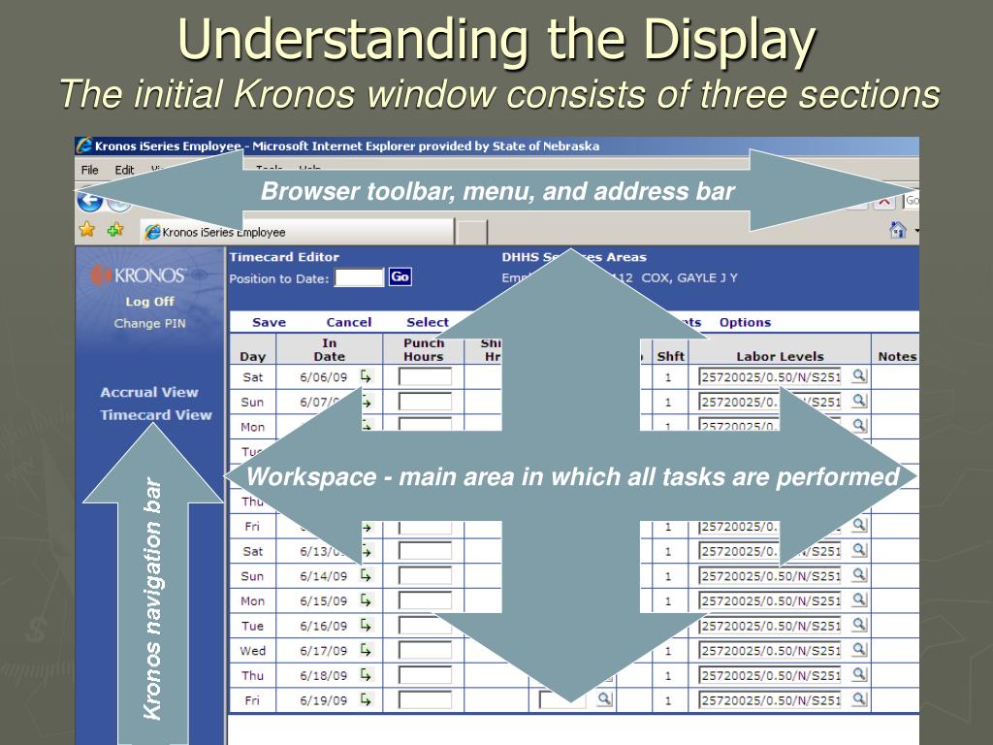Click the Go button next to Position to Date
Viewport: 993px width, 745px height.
tap(400, 277)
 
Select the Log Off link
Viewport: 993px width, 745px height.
tap(150, 301)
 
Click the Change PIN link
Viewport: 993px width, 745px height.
tap(150, 323)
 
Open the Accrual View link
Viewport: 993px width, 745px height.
tap(149, 392)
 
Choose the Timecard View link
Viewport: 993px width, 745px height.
tap(156, 414)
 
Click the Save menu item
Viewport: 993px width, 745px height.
tap(269, 322)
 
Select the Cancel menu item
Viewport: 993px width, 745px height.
tap(349, 322)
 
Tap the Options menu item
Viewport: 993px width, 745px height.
tap(745, 322)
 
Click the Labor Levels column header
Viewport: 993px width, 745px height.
tap(780, 356)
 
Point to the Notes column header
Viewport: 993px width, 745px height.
tap(897, 356)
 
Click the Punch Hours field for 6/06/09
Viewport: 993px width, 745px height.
tap(426, 376)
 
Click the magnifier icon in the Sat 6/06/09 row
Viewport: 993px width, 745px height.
tap(859, 375)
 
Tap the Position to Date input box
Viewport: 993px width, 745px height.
tap(359, 278)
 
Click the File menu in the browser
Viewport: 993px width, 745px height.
tap(90, 170)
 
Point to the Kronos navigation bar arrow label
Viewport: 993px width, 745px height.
tap(152, 598)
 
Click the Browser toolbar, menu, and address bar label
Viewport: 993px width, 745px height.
tap(497, 191)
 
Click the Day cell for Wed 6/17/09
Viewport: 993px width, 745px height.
tap(252, 650)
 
